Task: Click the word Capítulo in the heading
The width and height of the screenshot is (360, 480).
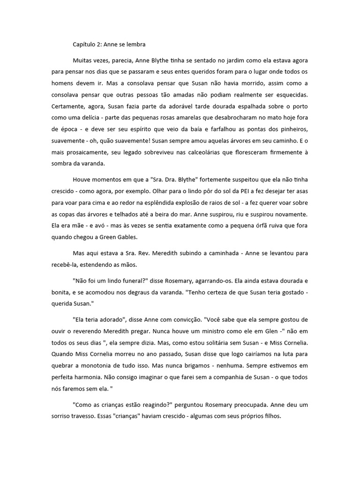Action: coord(84,45)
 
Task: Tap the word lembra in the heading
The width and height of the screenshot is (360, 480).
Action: coord(135,45)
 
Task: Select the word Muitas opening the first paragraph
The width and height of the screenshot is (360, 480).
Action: coord(83,61)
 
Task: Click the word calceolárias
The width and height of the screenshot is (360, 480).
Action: coord(218,153)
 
